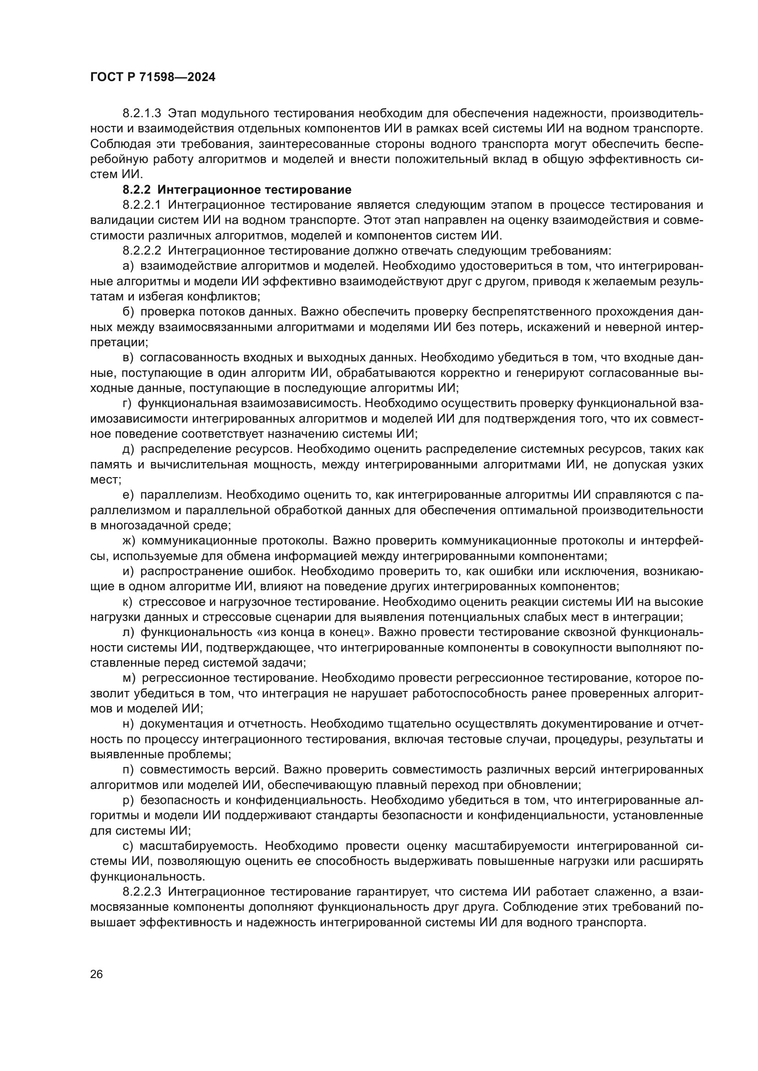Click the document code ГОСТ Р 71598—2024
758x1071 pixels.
pos(153,77)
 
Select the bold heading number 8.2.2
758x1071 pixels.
pos(137,190)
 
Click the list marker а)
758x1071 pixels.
pos(128,266)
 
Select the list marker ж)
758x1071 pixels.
pos(129,541)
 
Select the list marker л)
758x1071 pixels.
pos(129,632)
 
